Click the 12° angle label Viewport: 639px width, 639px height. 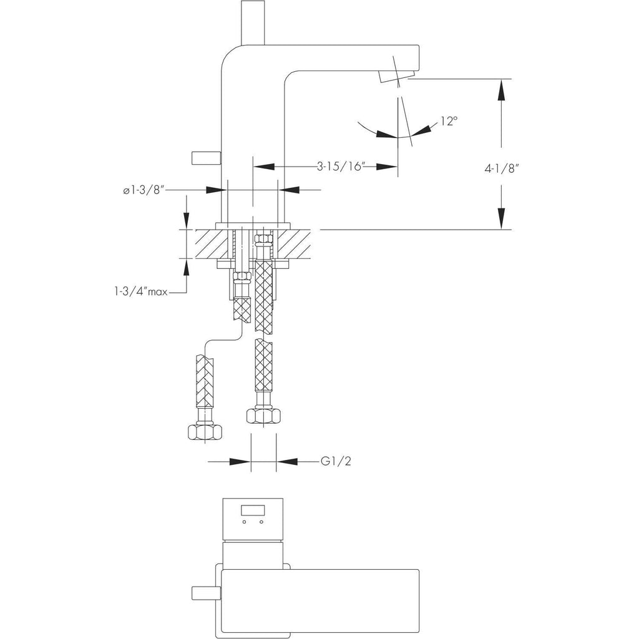(x=449, y=121)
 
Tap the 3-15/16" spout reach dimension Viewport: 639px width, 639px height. (x=341, y=166)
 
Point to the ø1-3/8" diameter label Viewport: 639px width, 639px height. (x=144, y=190)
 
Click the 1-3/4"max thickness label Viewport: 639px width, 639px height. (x=141, y=292)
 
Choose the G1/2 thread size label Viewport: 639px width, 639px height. (x=336, y=461)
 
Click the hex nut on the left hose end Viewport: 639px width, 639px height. (x=205, y=432)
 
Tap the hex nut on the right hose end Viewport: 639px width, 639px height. (x=264, y=416)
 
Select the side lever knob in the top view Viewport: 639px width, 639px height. (x=206, y=593)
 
